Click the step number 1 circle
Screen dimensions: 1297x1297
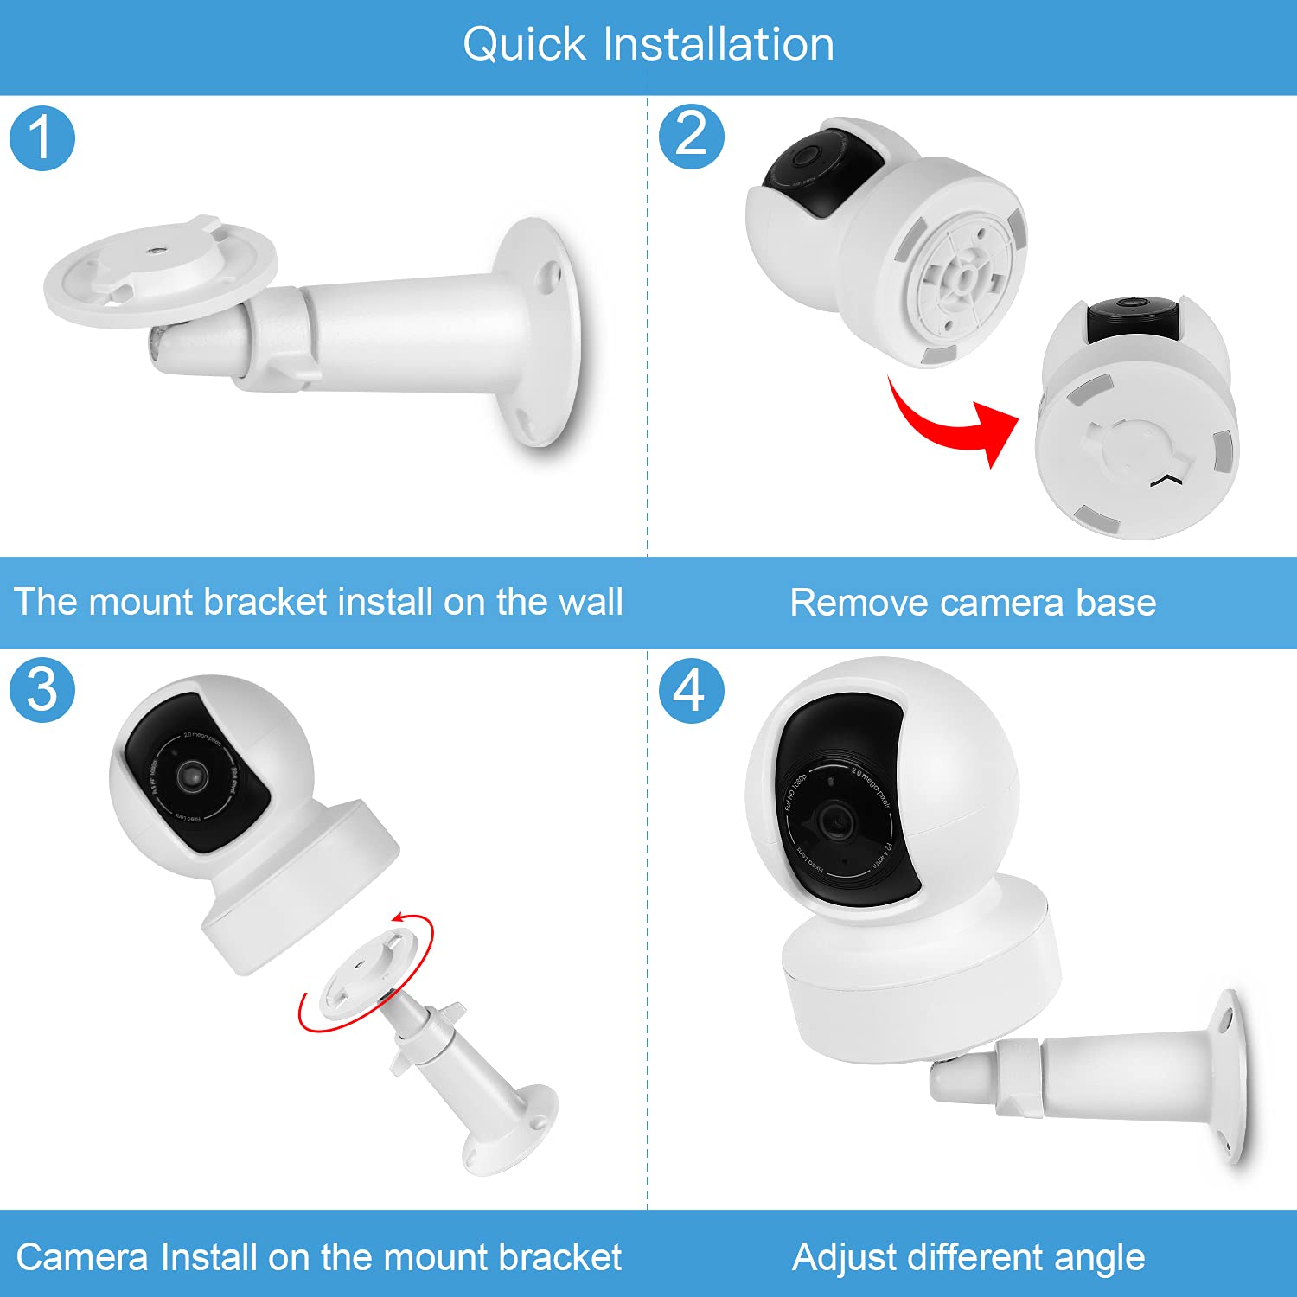(x=42, y=138)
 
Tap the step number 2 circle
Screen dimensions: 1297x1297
(x=691, y=137)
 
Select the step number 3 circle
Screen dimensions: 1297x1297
(x=42, y=690)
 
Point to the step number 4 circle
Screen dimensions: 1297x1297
(x=691, y=690)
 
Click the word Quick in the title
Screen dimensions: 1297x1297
(x=524, y=44)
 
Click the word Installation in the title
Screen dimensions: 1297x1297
(x=719, y=44)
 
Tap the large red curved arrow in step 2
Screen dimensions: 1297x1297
(x=951, y=424)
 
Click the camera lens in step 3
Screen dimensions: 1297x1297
(x=192, y=775)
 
